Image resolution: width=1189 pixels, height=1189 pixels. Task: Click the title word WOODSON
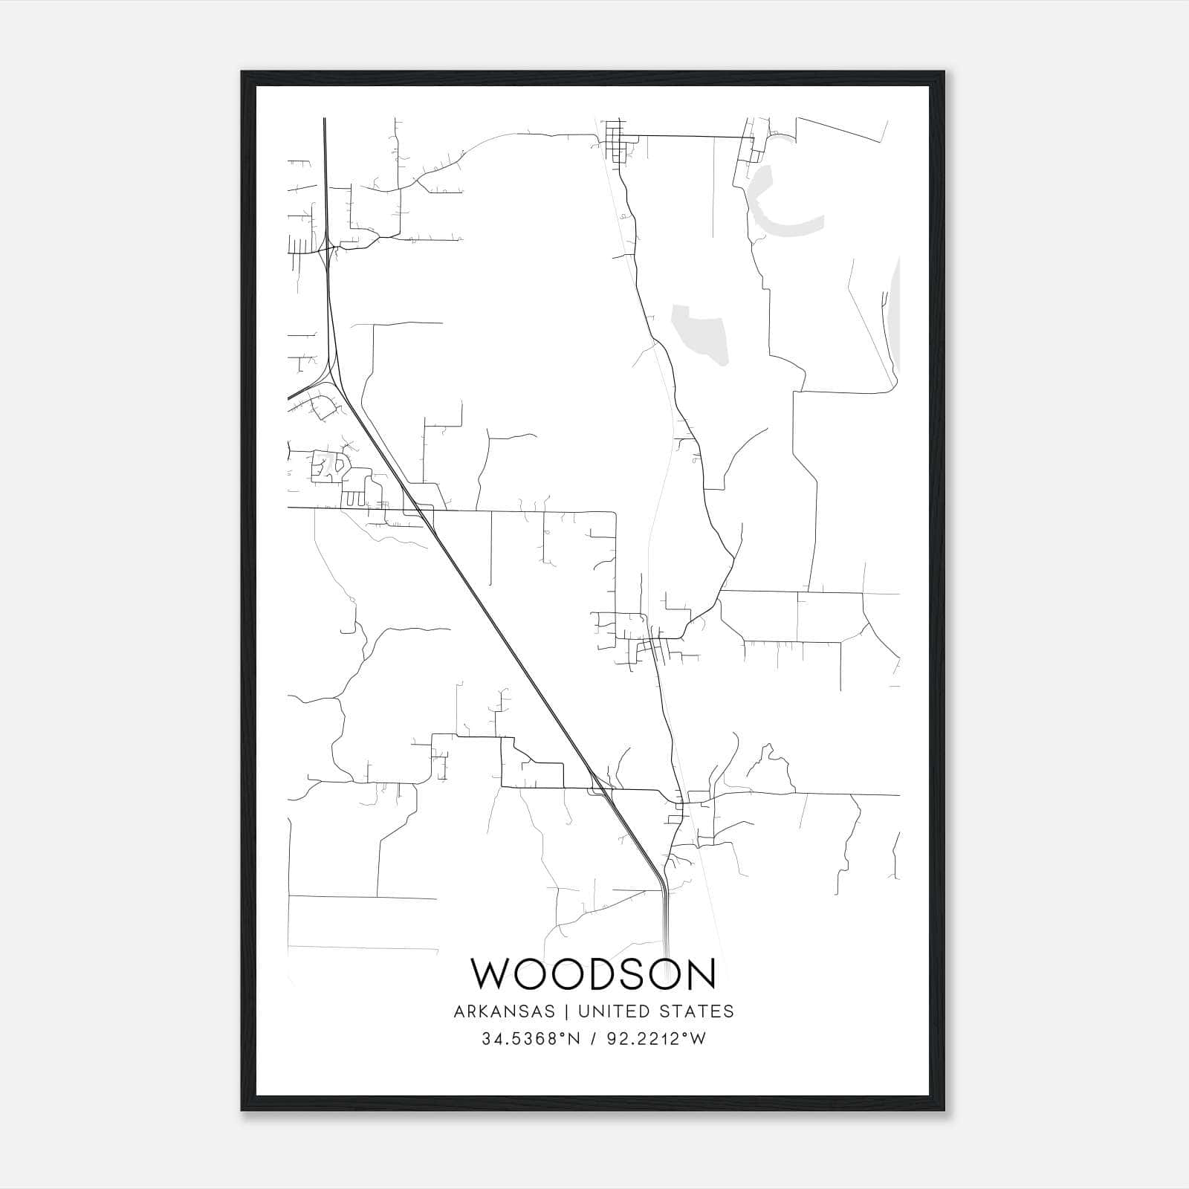click(593, 974)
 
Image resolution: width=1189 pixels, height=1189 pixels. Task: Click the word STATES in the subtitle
click(698, 1011)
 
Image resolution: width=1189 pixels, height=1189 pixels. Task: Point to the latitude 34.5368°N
click(530, 1039)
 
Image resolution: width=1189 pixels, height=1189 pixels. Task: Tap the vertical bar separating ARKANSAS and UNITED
click(566, 1011)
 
